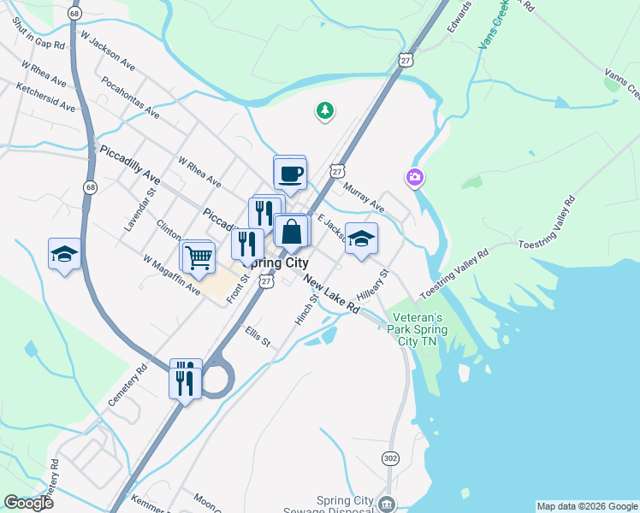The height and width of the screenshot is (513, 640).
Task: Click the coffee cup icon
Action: pos(289,174)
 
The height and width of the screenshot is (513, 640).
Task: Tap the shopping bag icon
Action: pos(291,232)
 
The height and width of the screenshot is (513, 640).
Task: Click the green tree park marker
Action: pos(324,110)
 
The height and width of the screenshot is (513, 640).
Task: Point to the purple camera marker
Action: pos(415,178)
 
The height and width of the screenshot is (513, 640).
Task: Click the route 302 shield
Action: pos(391,458)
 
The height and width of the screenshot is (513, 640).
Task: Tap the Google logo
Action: pos(29,503)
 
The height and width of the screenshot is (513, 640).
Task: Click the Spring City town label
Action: pos(279,263)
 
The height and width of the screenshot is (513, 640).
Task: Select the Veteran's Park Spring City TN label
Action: pos(412,327)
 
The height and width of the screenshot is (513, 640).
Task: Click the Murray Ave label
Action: pos(364,196)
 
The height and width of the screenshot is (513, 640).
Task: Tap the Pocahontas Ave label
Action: pos(130,97)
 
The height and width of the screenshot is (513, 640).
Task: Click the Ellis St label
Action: pos(257,335)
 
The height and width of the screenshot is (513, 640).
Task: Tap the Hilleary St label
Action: pos(373,284)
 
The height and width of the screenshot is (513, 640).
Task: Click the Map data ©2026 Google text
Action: pos(587,506)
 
